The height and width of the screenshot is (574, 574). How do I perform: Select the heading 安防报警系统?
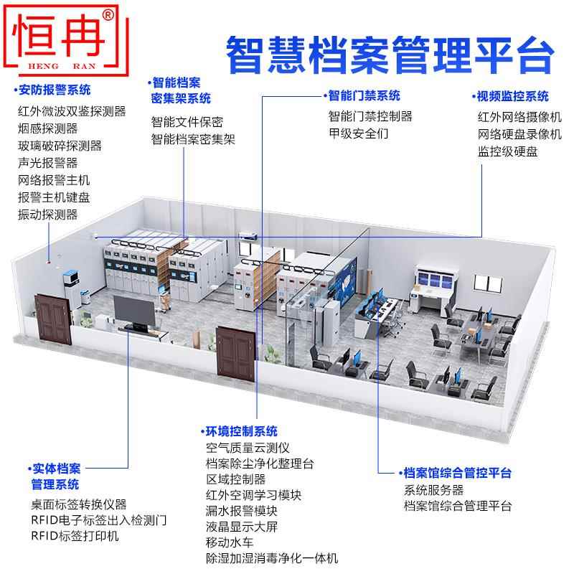point(55,91)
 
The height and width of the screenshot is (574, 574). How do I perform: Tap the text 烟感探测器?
point(47,129)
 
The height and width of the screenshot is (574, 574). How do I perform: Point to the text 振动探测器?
point(47,215)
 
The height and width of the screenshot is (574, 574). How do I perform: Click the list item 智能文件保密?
point(187,122)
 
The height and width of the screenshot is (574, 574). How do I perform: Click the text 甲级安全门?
point(359,133)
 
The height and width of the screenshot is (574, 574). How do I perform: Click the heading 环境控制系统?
point(241,431)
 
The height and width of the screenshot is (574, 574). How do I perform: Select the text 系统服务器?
point(433,490)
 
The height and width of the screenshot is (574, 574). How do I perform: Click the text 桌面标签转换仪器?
point(78,504)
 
